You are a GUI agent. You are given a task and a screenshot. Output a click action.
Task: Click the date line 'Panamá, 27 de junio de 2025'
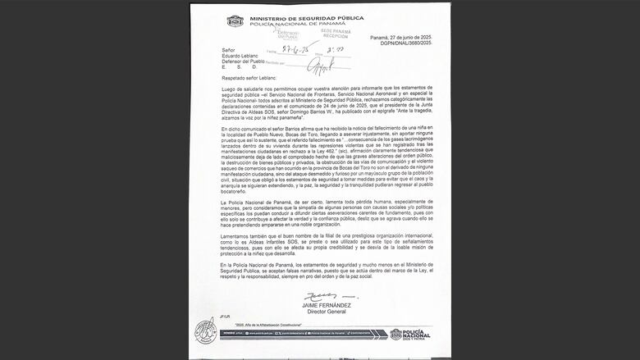click(401, 38)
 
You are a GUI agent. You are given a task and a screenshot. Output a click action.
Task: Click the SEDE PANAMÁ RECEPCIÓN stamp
click(335, 34)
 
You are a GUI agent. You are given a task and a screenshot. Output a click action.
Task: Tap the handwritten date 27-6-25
click(295, 50)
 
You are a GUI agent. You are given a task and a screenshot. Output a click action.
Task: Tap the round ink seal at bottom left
click(206, 330)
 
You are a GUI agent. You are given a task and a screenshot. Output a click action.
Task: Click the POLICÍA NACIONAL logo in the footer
click(408, 335)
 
